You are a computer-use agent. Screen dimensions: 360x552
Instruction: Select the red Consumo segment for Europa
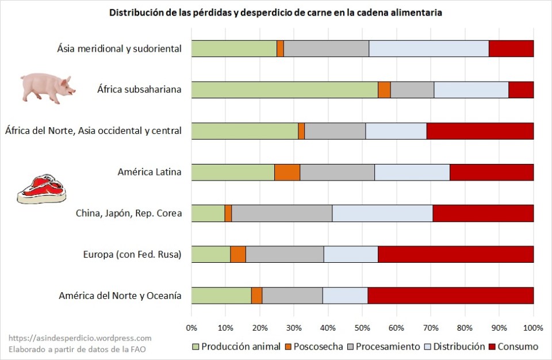click(455, 254)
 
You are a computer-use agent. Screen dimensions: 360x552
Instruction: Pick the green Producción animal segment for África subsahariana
click(285, 90)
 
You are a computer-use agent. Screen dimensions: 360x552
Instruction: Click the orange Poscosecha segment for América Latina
click(287, 172)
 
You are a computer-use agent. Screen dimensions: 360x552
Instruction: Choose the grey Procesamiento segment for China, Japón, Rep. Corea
click(282, 213)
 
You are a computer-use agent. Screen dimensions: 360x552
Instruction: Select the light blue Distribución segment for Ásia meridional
click(429, 49)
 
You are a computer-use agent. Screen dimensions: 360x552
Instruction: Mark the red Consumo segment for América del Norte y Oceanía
click(450, 296)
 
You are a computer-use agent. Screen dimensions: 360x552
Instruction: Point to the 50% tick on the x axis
click(362, 328)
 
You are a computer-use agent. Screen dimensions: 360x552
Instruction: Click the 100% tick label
click(533, 328)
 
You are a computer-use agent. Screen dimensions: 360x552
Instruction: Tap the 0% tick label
click(191, 328)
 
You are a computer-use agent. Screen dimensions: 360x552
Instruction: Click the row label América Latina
click(149, 172)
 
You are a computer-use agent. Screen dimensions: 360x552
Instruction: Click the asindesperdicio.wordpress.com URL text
click(80, 339)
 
